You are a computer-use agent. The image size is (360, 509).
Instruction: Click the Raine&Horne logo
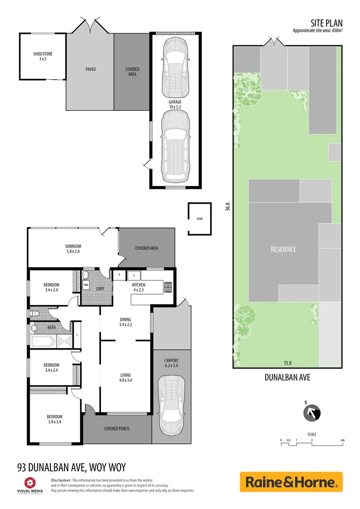click(x=291, y=482)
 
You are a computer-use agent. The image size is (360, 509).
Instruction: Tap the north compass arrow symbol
click(x=312, y=413)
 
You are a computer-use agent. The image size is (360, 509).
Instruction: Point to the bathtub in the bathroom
click(x=42, y=341)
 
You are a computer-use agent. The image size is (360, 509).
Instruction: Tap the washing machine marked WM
click(x=86, y=285)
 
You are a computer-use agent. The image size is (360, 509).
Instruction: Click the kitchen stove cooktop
click(x=168, y=286)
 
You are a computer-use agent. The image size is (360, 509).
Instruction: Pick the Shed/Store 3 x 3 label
click(x=43, y=57)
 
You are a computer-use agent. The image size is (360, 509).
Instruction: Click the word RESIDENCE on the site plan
click(x=283, y=249)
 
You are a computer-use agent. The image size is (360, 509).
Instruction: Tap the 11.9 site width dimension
click(x=286, y=363)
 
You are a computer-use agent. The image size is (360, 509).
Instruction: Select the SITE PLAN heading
click(x=326, y=23)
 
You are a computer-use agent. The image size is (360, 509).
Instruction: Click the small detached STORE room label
click(x=199, y=219)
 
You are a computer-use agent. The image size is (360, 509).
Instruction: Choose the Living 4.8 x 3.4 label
click(x=125, y=378)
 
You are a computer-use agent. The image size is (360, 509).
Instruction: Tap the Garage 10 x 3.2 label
click(x=175, y=104)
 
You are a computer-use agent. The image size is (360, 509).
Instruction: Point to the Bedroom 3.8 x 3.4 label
click(x=54, y=419)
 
